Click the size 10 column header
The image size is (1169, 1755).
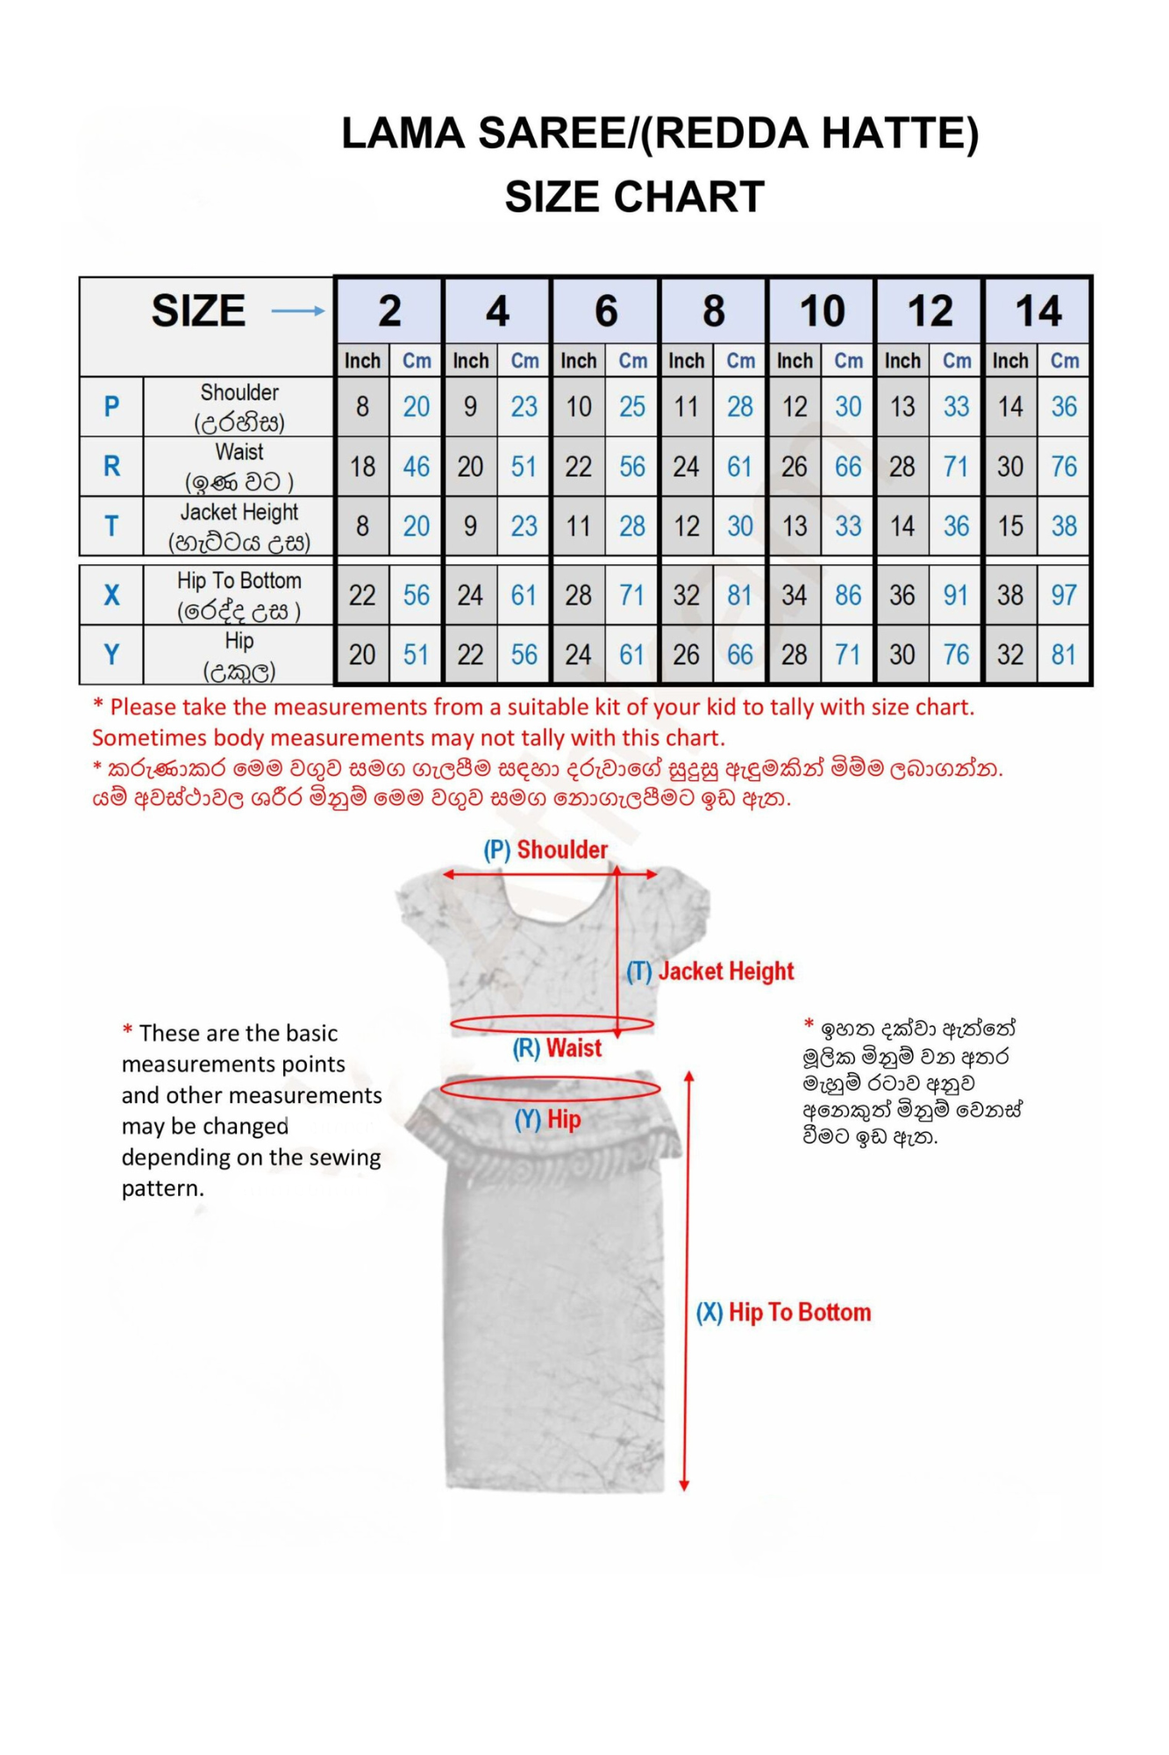click(x=822, y=312)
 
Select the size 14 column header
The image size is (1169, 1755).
click(x=1038, y=312)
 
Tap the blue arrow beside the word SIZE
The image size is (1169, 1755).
click(x=297, y=311)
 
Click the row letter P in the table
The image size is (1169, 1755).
click(x=111, y=407)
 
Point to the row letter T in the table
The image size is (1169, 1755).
click(x=111, y=526)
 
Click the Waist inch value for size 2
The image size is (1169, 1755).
click(x=362, y=467)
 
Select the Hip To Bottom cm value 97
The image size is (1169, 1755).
click(x=1064, y=595)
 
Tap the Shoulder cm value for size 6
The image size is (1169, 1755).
click(x=632, y=407)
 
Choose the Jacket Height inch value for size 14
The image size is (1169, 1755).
click(x=1010, y=526)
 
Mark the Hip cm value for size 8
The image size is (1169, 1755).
click(x=740, y=655)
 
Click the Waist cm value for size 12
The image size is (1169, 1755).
click(x=956, y=467)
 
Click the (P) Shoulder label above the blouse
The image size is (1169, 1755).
click(x=545, y=849)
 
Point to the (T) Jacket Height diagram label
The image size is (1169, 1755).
click(x=710, y=971)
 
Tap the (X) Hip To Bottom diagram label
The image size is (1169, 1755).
click(x=784, y=1313)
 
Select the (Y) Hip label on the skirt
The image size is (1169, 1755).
click(x=548, y=1120)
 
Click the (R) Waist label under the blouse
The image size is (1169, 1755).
click(x=558, y=1048)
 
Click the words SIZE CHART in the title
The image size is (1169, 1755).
click(x=634, y=197)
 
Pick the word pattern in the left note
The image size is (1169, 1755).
click(x=163, y=1188)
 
